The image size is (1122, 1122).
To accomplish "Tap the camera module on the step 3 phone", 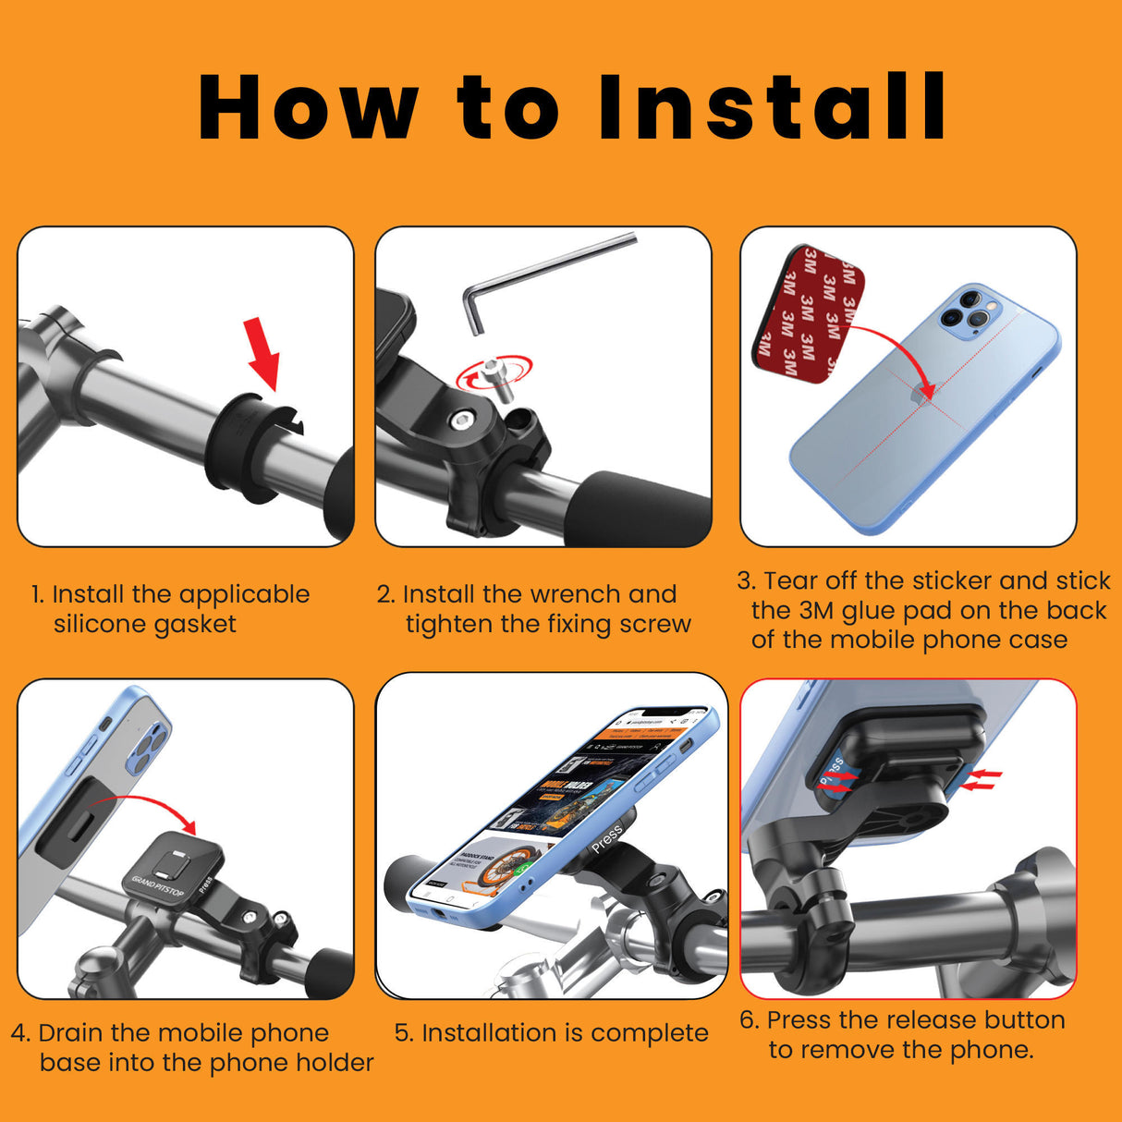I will coord(968,311).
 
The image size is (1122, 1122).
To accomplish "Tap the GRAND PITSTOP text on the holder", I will coord(158,887).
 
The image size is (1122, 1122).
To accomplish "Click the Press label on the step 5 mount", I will coord(606,837).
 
